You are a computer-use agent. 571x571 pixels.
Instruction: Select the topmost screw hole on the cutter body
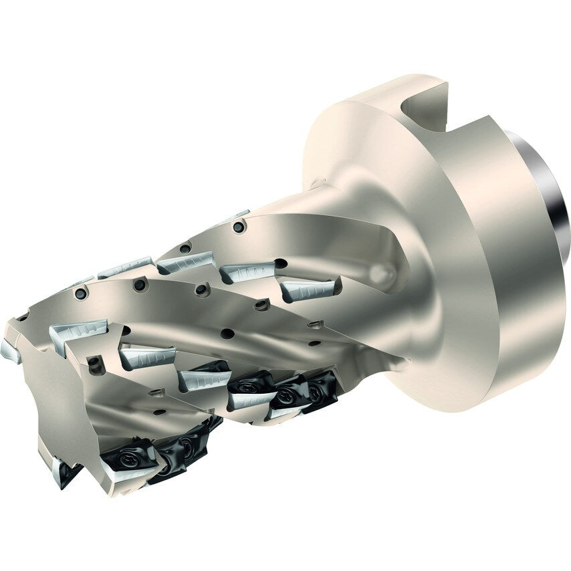[235, 228]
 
